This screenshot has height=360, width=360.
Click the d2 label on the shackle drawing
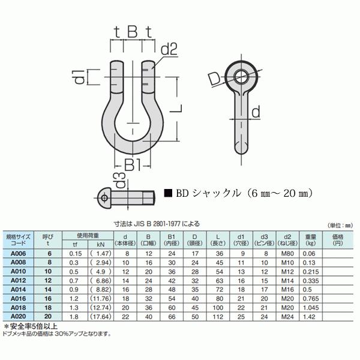[x=169, y=50]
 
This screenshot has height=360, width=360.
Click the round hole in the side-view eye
[x=242, y=76]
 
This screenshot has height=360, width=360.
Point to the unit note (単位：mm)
[x=341, y=225]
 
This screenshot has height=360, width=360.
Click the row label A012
[x=19, y=280]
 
